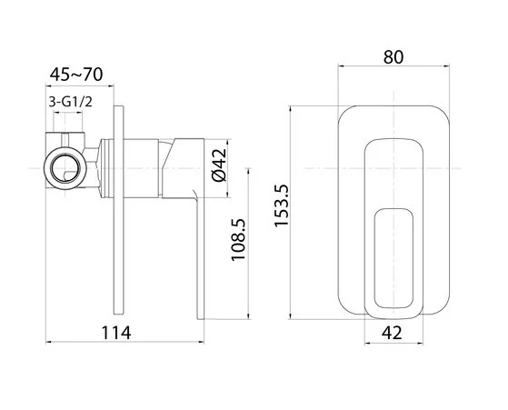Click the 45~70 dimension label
tap(76, 75)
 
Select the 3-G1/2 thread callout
tap(71, 102)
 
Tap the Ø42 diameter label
tap(219, 165)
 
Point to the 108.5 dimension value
tap(238, 240)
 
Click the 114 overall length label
tap(116, 333)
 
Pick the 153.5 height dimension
tap(281, 205)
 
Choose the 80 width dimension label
tap(393, 57)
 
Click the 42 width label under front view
tap(392, 333)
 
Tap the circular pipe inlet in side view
tap(65, 168)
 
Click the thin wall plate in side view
tap(118, 210)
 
